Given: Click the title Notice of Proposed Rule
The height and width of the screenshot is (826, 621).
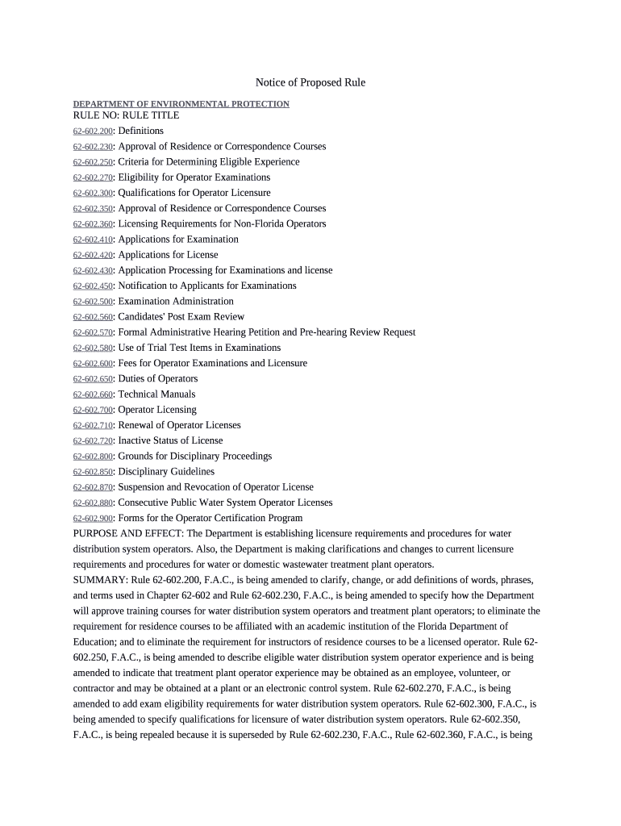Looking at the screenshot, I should pyautogui.click(x=310, y=83).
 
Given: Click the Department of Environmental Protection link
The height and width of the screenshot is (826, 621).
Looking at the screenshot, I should pyautogui.click(x=181, y=104).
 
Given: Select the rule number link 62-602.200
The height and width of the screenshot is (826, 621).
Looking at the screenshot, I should pyautogui.click(x=93, y=131).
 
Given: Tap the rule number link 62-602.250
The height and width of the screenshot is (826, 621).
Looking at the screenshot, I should pyautogui.click(x=93, y=162).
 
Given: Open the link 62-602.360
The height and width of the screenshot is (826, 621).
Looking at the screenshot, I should pyautogui.click(x=93, y=224).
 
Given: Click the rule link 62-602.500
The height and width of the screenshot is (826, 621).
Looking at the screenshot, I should pyautogui.click(x=93, y=302).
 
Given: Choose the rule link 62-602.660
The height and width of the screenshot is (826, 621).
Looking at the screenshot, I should pyautogui.click(x=93, y=394).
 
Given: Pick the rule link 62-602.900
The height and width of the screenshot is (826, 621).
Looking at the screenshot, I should pyautogui.click(x=93, y=519).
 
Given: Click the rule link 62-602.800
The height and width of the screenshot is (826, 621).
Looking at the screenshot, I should pyautogui.click(x=93, y=457).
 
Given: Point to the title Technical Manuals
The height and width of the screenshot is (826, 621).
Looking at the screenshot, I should pyautogui.click(x=156, y=394).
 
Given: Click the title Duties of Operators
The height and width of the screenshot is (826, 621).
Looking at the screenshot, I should pyautogui.click(x=157, y=379).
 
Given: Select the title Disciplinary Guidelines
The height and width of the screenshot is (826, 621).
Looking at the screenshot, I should pyautogui.click(x=166, y=472).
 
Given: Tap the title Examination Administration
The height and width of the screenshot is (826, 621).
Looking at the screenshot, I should pyautogui.click(x=176, y=302).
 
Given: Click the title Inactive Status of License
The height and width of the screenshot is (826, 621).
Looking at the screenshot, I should pyautogui.click(x=170, y=441).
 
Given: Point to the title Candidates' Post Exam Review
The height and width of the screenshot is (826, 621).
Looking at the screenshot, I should pyautogui.click(x=181, y=317).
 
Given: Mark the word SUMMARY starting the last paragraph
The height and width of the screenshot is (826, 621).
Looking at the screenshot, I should pyautogui.click(x=95, y=581).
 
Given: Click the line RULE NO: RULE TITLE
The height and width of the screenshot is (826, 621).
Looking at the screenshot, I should pyautogui.click(x=126, y=115).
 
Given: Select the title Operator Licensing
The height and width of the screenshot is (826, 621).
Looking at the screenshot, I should pyautogui.click(x=157, y=410).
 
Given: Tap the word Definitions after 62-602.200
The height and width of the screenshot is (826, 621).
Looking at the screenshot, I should pyautogui.click(x=140, y=131).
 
